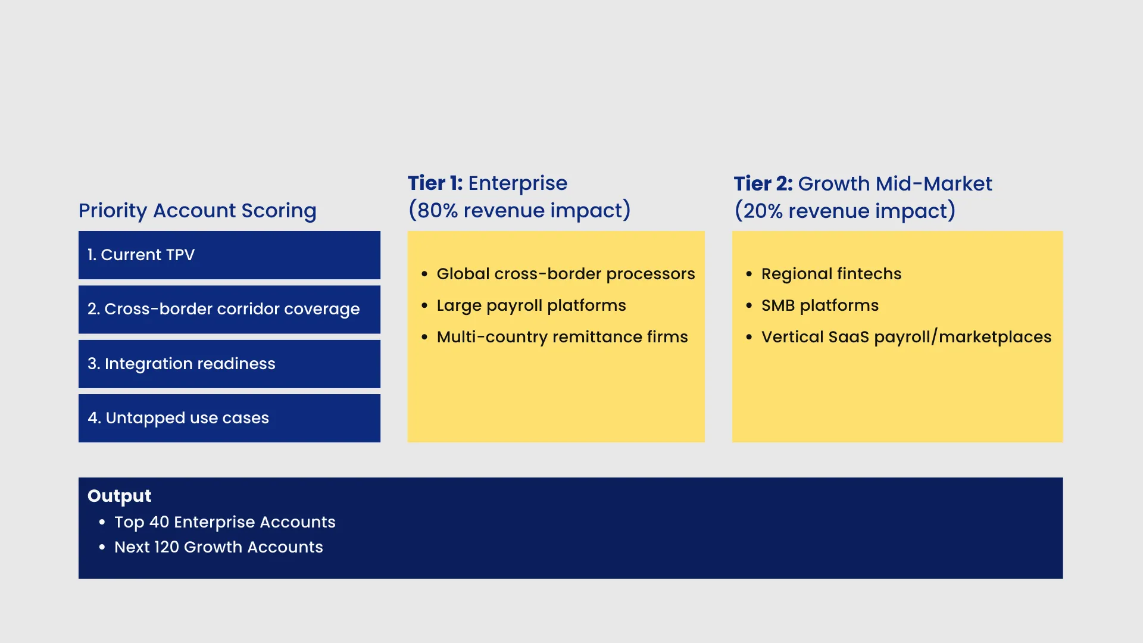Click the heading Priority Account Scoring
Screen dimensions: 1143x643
coord(198,211)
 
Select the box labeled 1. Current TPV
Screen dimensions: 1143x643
coord(229,255)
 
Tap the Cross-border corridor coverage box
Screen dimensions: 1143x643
coord(229,310)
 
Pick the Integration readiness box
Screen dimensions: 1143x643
coord(229,364)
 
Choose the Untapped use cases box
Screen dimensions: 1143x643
coord(229,418)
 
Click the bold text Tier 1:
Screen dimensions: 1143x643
coord(435,183)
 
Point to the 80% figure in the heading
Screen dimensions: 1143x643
coord(437,211)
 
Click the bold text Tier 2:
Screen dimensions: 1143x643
coord(763,184)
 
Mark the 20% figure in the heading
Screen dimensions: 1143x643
coord(763,211)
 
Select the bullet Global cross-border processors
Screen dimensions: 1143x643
coord(566,274)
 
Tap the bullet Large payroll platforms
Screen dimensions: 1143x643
coord(531,305)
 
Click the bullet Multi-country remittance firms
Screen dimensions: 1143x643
coord(562,337)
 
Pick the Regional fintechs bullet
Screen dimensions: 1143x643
coord(831,274)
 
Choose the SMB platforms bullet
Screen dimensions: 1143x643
coord(820,305)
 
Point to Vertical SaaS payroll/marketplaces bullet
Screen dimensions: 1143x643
coord(906,337)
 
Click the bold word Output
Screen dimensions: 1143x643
coord(119,496)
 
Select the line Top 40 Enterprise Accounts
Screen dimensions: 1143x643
coord(225,522)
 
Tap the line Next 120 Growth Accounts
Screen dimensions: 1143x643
coord(218,547)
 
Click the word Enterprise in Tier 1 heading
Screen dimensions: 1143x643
coord(517,184)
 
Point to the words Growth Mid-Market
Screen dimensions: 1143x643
coord(895,184)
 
